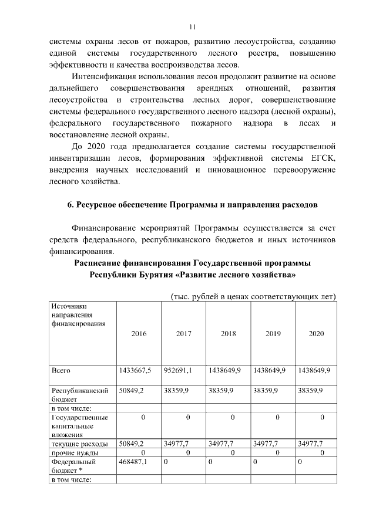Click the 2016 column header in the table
point(139,333)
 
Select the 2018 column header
point(229,333)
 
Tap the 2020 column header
point(316,333)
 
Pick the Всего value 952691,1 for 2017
point(180,371)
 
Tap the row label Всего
point(61,371)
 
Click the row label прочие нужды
point(75,453)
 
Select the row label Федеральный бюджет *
point(73,466)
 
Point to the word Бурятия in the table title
point(154,275)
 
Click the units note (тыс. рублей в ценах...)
point(253,296)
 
